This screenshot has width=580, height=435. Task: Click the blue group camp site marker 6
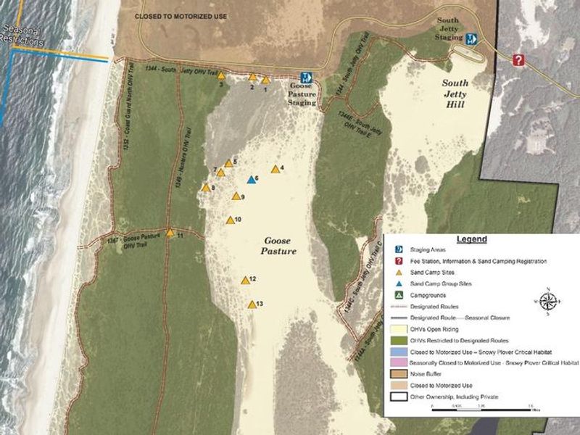pos(251,180)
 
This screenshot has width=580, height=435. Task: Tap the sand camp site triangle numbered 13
pos(252,305)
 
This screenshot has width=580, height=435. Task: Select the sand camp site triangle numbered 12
pos(245,281)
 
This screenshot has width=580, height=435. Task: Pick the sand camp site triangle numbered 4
pos(275,170)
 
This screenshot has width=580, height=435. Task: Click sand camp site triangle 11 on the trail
pos(170,233)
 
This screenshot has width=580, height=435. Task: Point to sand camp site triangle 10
pos(230,220)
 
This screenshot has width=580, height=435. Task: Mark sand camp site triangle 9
pos(235,196)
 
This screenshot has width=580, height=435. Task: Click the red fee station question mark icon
pos(518,60)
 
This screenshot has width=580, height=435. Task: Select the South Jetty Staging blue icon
pos(471,40)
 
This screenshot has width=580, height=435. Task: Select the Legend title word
pos(471,239)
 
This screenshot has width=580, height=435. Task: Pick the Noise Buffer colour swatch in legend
pos(399,374)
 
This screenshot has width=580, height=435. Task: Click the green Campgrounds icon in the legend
pos(398,295)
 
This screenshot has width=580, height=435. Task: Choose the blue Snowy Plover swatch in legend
pos(399,352)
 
